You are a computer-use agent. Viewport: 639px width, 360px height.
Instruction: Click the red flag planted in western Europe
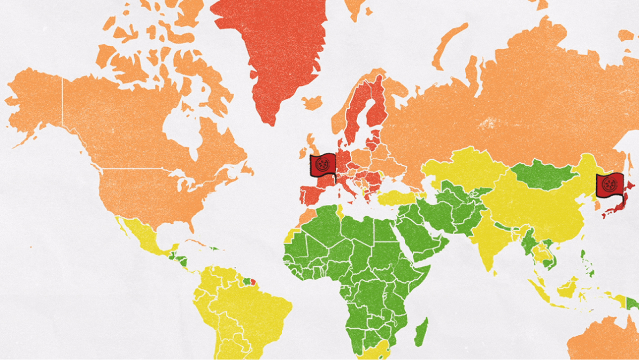tap(323, 165)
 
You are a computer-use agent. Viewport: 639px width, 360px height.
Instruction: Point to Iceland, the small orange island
tap(312, 103)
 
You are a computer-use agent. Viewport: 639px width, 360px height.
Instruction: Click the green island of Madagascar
tap(421, 332)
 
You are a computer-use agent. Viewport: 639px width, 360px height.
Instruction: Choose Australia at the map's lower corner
tap(604, 340)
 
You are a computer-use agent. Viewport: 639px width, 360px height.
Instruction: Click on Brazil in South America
tap(254, 309)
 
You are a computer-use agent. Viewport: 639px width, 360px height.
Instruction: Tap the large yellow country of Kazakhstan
tap(463, 168)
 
